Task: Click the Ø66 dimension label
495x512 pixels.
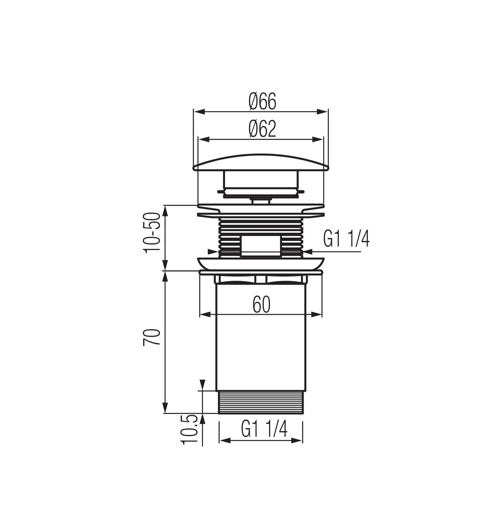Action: point(262,101)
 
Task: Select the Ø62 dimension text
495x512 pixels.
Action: point(262,129)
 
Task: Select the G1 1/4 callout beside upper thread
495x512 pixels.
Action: point(346,240)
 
